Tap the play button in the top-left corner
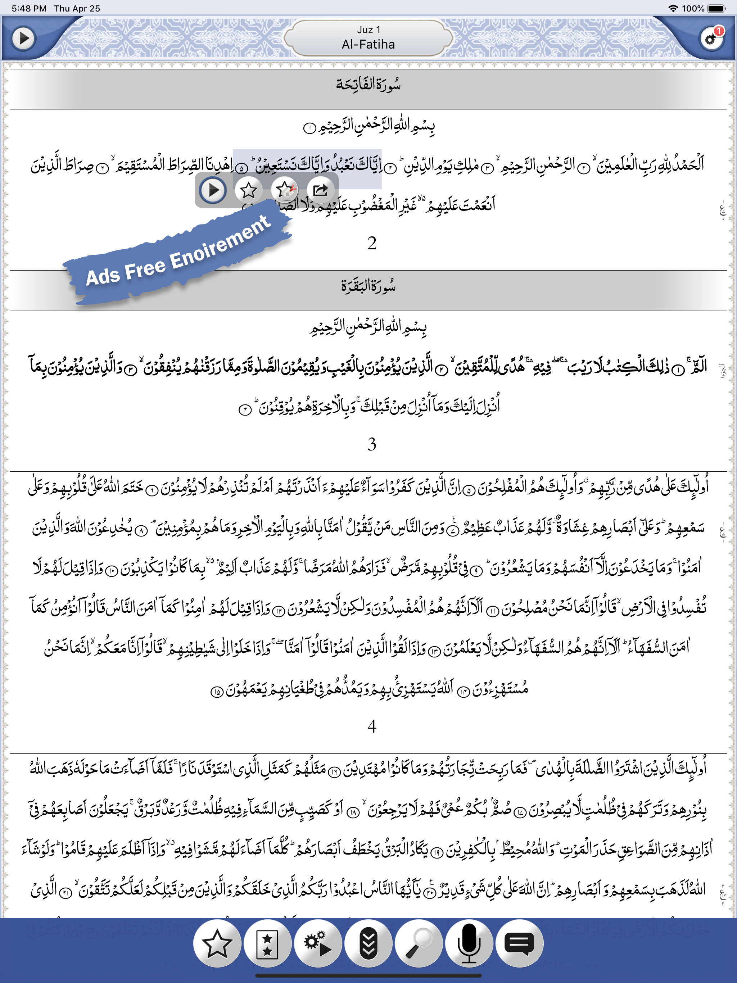pyautogui.click(x=23, y=38)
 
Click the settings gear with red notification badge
pyautogui.click(x=711, y=38)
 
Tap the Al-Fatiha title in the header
pyautogui.click(x=368, y=45)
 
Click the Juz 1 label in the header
pyautogui.click(x=368, y=30)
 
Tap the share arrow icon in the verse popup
pyautogui.click(x=320, y=190)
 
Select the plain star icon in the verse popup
pyautogui.click(x=248, y=190)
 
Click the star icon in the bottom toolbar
pyautogui.click(x=217, y=943)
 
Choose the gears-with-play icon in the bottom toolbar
pyautogui.click(x=318, y=943)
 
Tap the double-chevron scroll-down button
pyautogui.click(x=368, y=943)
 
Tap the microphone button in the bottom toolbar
pyautogui.click(x=469, y=943)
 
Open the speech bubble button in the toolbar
pyautogui.click(x=519, y=943)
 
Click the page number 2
pyautogui.click(x=372, y=243)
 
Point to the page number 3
pyautogui.click(x=372, y=444)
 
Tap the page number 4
pyautogui.click(x=372, y=726)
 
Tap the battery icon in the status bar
pyautogui.click(x=716, y=8)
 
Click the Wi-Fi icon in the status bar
pyautogui.click(x=673, y=8)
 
